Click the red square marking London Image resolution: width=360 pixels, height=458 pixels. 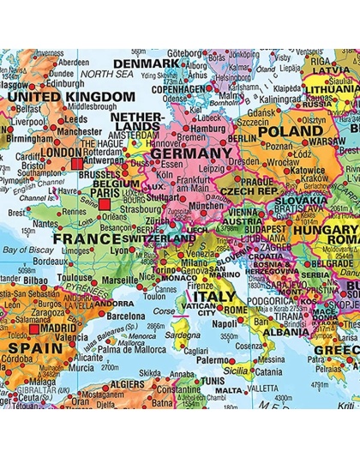coord(77,160)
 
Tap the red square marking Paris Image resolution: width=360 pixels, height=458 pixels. coord(105,204)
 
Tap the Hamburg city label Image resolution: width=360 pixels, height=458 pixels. coord(209,129)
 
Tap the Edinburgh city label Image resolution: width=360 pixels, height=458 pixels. coord(46,84)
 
